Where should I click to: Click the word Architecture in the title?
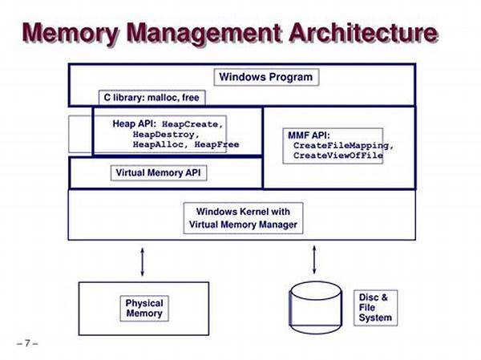(363, 33)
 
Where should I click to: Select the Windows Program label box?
(266, 77)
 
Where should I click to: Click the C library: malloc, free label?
(152, 98)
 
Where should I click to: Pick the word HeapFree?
(217, 144)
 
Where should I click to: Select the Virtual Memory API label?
(158, 173)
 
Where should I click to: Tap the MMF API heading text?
(309, 136)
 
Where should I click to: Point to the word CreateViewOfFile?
(338, 156)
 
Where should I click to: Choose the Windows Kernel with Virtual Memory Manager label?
(243, 218)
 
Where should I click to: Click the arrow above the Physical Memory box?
(142, 262)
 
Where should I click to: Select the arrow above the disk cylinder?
(313, 260)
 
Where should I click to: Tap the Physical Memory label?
(144, 308)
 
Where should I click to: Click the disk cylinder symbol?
(315, 308)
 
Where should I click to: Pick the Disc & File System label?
(375, 308)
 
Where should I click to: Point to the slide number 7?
(27, 343)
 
